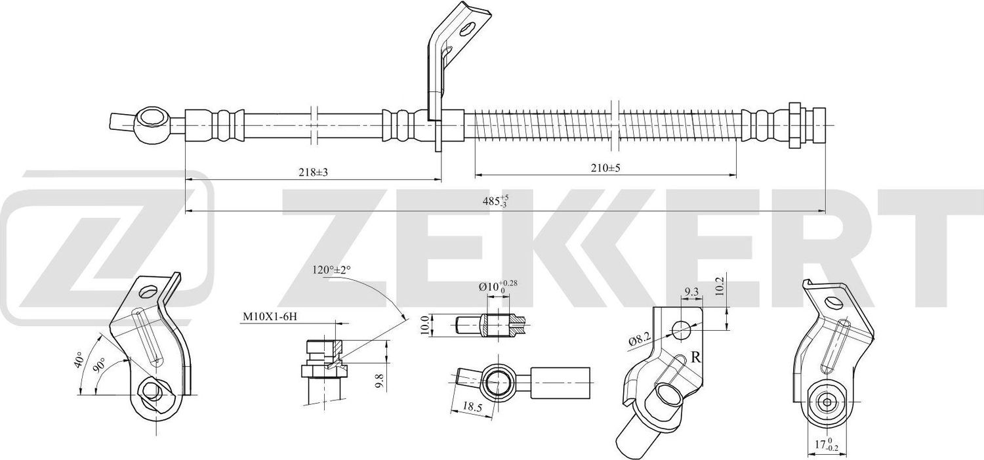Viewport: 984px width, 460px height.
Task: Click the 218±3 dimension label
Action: point(312,172)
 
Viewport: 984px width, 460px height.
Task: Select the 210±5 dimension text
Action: point(605,168)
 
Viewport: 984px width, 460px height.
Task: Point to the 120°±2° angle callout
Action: point(332,270)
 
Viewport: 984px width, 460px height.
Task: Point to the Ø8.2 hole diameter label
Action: point(638,340)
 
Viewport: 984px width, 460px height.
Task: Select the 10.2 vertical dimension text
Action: point(720,287)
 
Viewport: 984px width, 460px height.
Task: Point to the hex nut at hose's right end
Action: point(794,125)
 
